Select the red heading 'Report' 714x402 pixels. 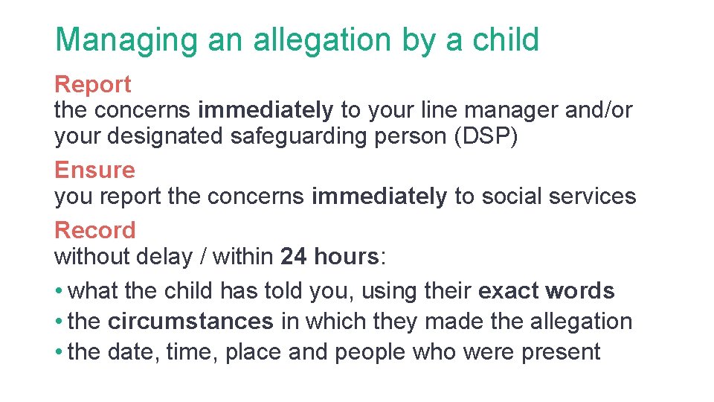click(93, 85)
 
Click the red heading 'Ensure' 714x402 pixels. click(94, 170)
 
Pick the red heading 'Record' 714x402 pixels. click(95, 230)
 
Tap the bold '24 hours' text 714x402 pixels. click(329, 257)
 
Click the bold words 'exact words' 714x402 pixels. click(547, 290)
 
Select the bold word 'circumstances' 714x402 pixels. click(190, 322)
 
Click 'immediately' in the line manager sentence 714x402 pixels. click(266, 111)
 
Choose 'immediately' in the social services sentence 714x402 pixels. click(379, 197)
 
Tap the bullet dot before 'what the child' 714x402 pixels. click(58, 290)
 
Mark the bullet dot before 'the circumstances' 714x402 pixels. click(58, 322)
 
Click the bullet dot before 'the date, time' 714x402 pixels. click(58, 352)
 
